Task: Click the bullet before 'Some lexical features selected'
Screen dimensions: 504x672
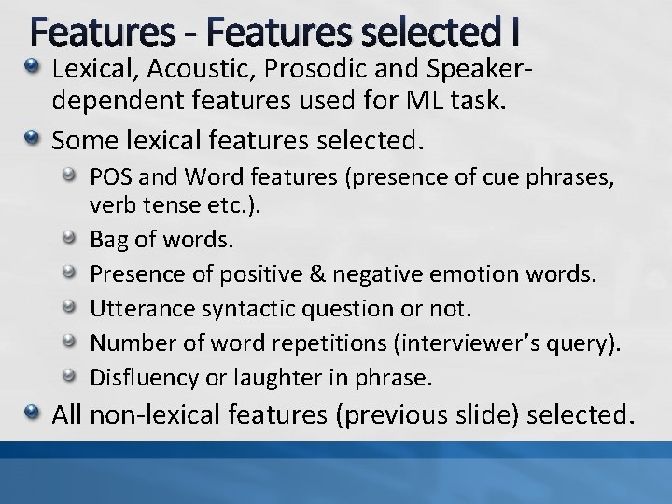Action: click(x=32, y=139)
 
